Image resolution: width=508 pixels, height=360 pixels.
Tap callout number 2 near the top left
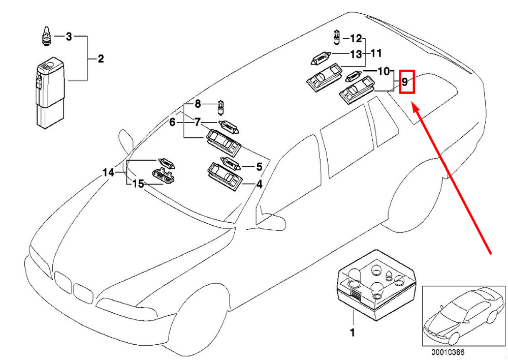pyautogui.click(x=101, y=59)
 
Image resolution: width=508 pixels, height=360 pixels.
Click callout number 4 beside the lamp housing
pyautogui.click(x=259, y=185)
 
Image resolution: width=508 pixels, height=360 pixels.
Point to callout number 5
pyautogui.click(x=259, y=166)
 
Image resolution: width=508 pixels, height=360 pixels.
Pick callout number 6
pyautogui.click(x=172, y=122)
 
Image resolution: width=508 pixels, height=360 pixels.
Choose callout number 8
pyautogui.click(x=198, y=104)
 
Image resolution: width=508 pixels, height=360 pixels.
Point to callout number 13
pyautogui.click(x=356, y=54)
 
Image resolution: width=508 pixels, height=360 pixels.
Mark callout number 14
pyautogui.click(x=108, y=173)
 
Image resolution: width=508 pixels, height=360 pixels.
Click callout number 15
pyautogui.click(x=138, y=184)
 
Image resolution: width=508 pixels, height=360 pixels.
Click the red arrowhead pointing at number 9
pyautogui.click(x=415, y=108)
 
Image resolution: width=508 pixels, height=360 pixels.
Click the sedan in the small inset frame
pyautogui.click(x=460, y=315)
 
